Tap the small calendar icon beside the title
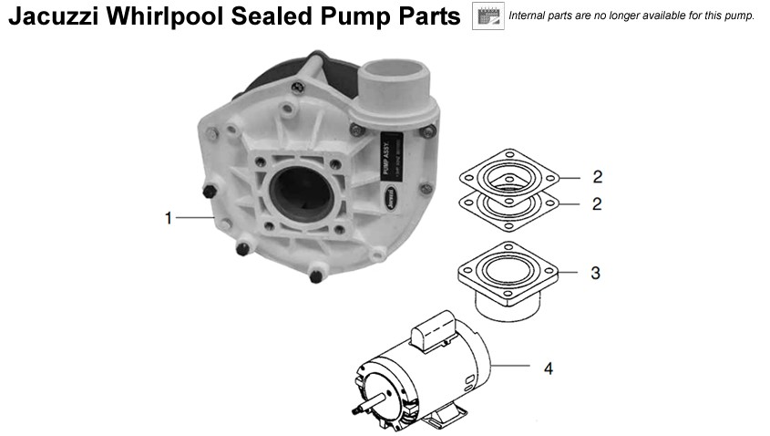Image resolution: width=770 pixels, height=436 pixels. [488, 16]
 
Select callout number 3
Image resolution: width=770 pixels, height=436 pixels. [595, 273]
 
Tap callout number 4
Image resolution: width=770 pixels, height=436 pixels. [548, 369]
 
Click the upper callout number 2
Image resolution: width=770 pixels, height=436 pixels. [597, 176]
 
